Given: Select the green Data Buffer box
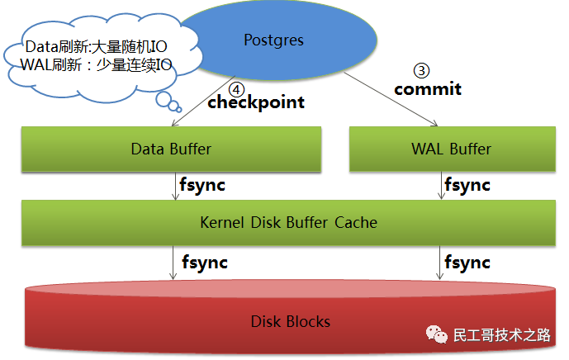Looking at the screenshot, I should (x=171, y=149).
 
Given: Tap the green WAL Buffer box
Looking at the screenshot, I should (x=451, y=149).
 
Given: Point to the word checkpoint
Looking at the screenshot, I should (x=256, y=102).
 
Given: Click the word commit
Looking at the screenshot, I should (x=427, y=88).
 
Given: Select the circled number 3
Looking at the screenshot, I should (x=421, y=71).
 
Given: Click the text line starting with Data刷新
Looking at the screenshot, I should (x=97, y=47).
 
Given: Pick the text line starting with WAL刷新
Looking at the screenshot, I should (x=95, y=65).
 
